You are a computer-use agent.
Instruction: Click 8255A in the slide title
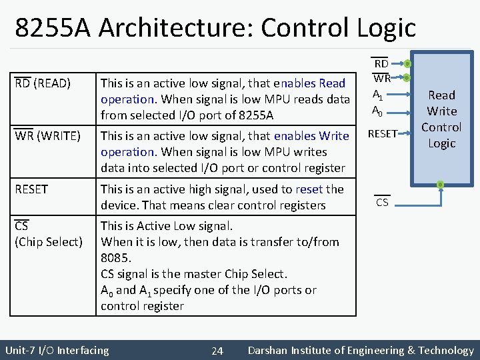click(x=54, y=28)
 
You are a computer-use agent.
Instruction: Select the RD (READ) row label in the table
click(x=43, y=83)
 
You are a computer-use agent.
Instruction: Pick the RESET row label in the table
click(x=31, y=189)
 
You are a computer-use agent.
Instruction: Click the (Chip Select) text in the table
click(x=49, y=242)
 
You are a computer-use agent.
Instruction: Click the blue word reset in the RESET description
click(x=309, y=189)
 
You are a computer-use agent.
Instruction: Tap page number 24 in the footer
click(x=217, y=351)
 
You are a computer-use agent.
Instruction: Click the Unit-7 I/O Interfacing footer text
click(x=57, y=350)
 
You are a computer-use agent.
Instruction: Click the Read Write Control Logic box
click(x=441, y=119)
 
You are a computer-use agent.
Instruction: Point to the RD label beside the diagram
click(x=381, y=64)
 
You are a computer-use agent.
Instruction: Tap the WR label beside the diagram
click(x=381, y=79)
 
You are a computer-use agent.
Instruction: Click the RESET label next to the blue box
click(x=383, y=134)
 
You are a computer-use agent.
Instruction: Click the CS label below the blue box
click(x=382, y=202)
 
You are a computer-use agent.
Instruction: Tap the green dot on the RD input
click(x=407, y=64)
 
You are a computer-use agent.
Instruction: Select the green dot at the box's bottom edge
click(x=441, y=185)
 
